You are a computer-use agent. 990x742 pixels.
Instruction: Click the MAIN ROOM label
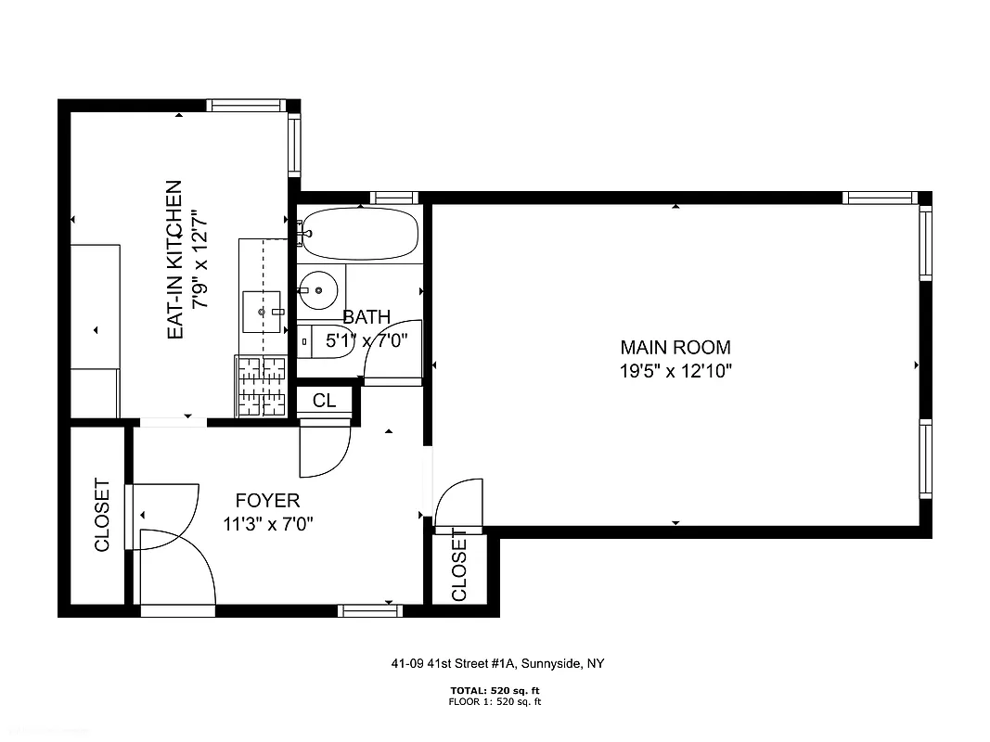(675, 348)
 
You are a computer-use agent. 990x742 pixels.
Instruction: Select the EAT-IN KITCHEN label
(174, 260)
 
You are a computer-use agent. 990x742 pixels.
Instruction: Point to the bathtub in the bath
(359, 233)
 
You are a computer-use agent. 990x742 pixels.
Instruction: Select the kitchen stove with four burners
(260, 386)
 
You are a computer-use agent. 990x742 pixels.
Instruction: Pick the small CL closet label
(324, 401)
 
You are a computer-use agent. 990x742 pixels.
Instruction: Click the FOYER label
(267, 501)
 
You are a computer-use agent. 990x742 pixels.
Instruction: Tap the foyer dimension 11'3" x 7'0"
(268, 524)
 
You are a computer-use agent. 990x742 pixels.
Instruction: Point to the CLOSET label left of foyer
(102, 515)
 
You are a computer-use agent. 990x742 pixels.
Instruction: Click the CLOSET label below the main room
(459, 566)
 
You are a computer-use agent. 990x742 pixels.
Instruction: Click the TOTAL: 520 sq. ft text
(495, 691)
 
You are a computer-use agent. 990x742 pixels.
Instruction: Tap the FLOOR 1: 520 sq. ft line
(495, 702)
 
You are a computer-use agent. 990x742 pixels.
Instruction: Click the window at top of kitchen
(246, 105)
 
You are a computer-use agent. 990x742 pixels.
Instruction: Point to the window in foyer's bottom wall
(369, 610)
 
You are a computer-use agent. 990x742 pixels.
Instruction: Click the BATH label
(366, 317)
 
